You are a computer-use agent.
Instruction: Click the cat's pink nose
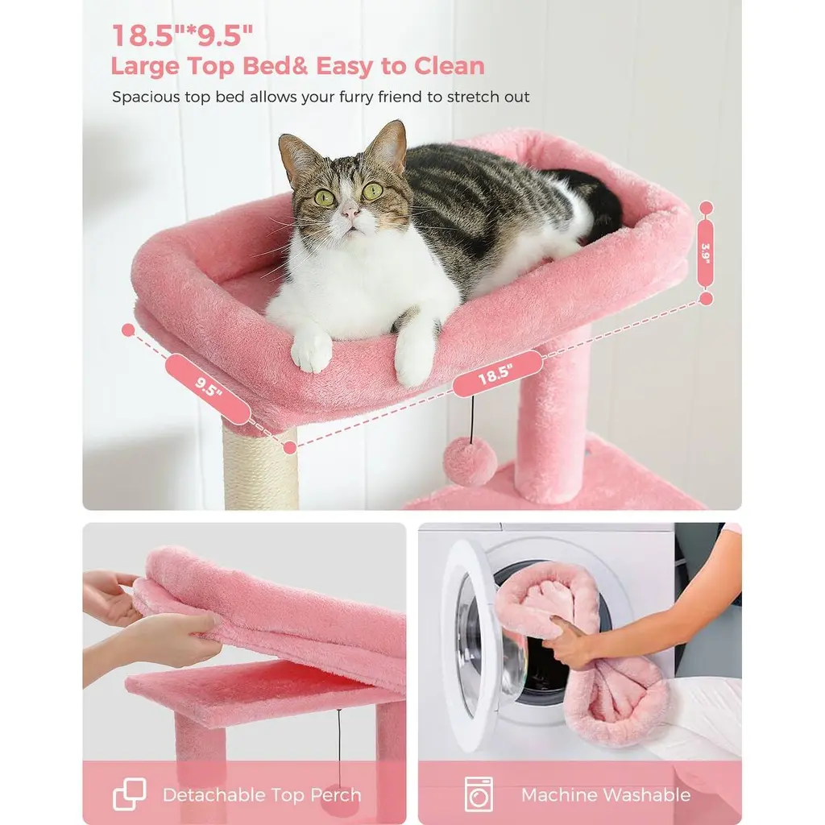click(350, 212)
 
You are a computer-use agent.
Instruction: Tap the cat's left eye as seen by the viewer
click(325, 198)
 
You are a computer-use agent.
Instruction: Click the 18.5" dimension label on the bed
click(496, 374)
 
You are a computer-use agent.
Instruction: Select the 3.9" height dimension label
click(706, 253)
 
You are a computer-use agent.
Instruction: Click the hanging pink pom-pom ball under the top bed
click(470, 462)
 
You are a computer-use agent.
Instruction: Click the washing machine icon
click(479, 794)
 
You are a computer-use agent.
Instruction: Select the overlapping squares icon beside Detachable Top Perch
click(130, 794)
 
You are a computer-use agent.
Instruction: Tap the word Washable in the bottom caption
click(647, 794)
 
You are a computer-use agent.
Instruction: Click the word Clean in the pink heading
click(449, 66)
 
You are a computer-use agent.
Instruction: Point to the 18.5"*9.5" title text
click(183, 35)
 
